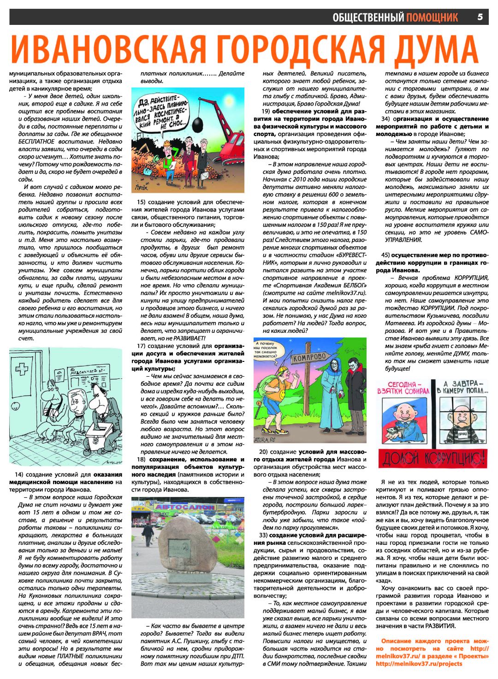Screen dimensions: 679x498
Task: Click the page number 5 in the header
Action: click(480, 17)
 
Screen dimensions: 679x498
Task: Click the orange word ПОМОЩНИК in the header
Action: click(432, 18)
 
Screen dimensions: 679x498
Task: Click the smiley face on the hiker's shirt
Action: click(282, 395)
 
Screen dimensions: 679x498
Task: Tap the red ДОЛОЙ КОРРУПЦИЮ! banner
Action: click(432, 458)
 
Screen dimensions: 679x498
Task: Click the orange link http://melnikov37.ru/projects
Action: click(419, 664)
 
